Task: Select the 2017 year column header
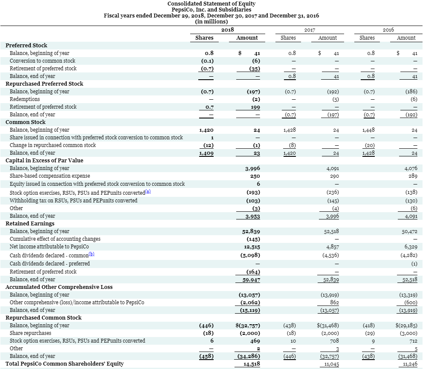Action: point(310,30)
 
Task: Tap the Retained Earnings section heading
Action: point(30,224)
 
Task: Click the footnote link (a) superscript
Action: point(148,191)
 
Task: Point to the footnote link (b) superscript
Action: point(92,254)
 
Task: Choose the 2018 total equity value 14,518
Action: point(252,364)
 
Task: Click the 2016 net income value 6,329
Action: point(411,247)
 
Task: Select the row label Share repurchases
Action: point(31,333)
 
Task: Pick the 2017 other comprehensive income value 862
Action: point(334,303)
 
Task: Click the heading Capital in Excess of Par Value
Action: point(44,160)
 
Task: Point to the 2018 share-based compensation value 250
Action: point(255,176)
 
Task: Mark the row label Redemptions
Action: point(25,99)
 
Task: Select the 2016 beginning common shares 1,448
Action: point(368,130)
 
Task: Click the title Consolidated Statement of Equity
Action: point(211,4)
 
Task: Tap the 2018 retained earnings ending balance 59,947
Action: point(252,280)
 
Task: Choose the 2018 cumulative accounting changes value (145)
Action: point(253,239)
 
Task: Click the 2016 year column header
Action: point(388,30)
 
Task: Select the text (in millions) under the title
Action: point(211,22)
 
